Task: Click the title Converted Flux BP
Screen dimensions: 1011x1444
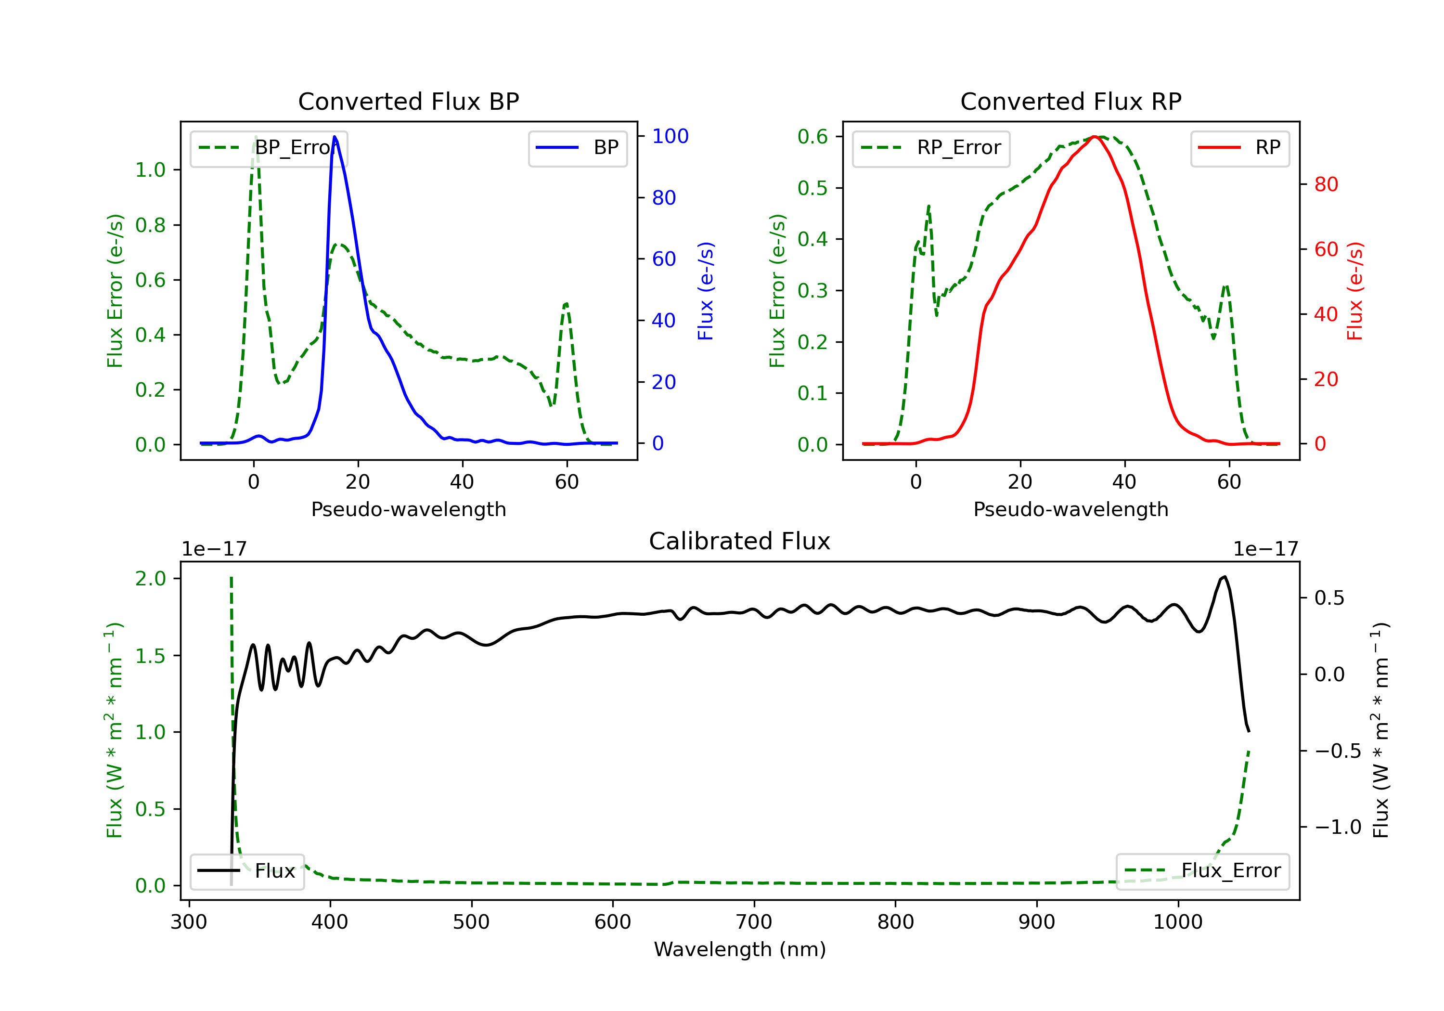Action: pos(408,101)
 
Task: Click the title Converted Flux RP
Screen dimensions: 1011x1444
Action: pos(1070,101)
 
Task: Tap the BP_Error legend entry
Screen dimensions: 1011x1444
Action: pos(269,148)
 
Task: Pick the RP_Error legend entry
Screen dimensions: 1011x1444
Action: pos(931,148)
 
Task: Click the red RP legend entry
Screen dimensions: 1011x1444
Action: pos(1239,148)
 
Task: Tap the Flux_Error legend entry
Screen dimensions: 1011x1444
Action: pos(1202,871)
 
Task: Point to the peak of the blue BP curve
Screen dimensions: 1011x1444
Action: pos(335,137)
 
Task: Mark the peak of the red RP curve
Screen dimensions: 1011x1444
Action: pos(1095,137)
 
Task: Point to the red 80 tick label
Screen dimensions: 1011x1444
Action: pos(1326,184)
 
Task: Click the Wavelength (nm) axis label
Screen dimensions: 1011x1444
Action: pos(740,949)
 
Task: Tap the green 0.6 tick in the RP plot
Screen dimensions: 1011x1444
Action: pos(812,137)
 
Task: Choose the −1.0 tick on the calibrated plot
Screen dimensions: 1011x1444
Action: pos(1338,827)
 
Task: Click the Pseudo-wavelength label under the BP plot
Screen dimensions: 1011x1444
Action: pos(408,509)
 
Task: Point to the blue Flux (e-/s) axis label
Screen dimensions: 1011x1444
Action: pos(706,291)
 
